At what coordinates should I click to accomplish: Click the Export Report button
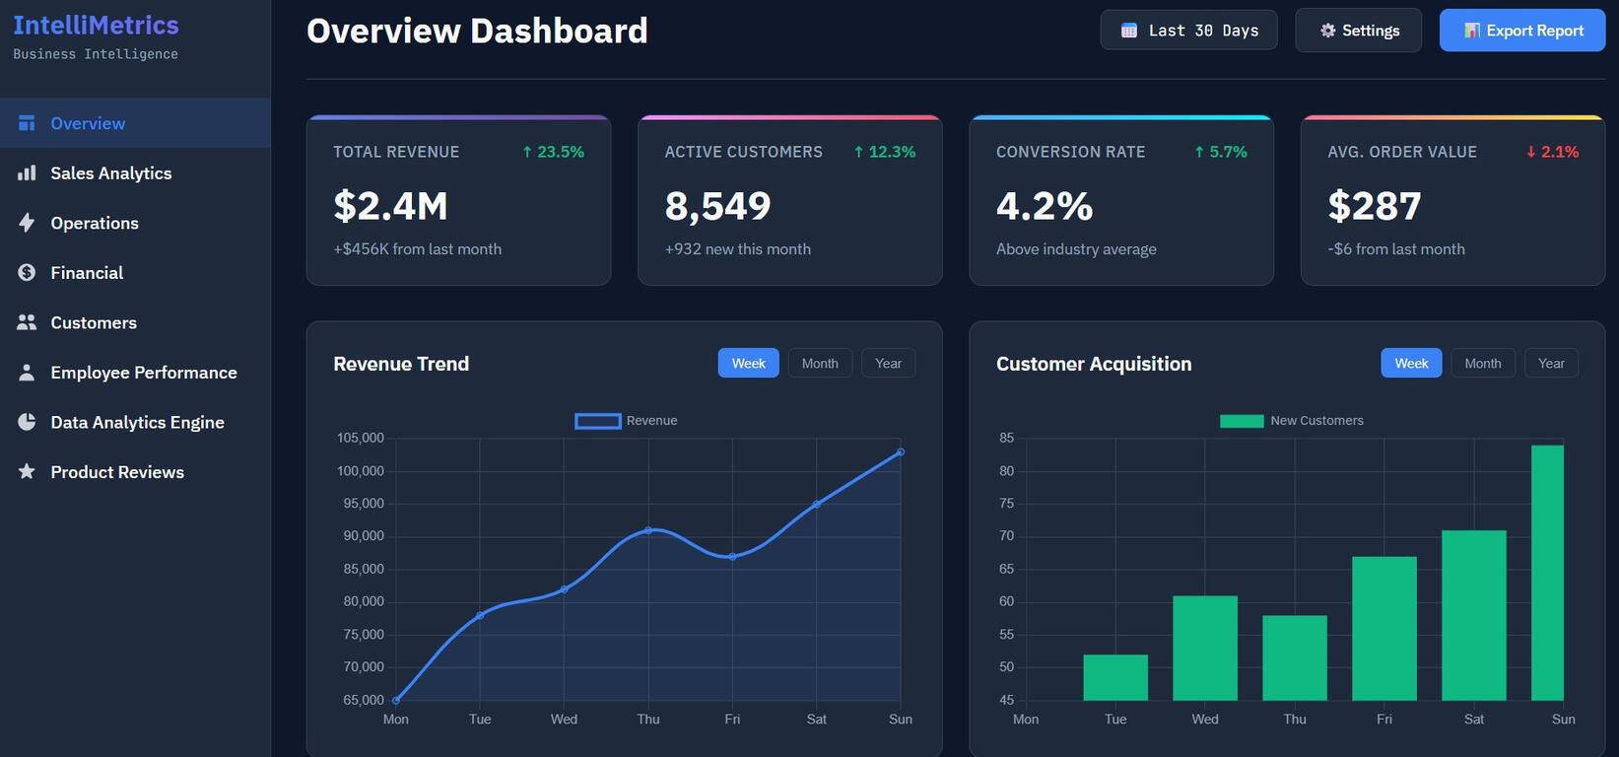1522,31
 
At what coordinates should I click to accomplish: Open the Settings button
1358,31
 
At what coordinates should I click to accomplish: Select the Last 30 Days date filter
1188,31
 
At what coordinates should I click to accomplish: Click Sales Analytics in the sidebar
110,173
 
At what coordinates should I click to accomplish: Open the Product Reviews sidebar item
116,472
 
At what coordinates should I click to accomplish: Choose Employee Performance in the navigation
143,373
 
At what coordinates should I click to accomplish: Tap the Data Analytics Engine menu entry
137,422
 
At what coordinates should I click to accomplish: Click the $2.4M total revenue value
390,206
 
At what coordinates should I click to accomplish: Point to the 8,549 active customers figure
717,206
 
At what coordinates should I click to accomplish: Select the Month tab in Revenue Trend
820,364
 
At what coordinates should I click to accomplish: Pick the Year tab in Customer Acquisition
1551,364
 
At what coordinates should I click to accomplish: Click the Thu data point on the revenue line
648,530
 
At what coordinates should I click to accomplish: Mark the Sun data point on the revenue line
901,452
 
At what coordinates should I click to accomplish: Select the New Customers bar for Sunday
1547,573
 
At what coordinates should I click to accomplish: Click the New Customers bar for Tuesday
1115,677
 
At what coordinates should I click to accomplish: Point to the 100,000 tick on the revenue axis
361,471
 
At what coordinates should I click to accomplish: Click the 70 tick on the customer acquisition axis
1006,536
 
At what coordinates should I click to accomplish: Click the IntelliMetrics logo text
96,26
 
